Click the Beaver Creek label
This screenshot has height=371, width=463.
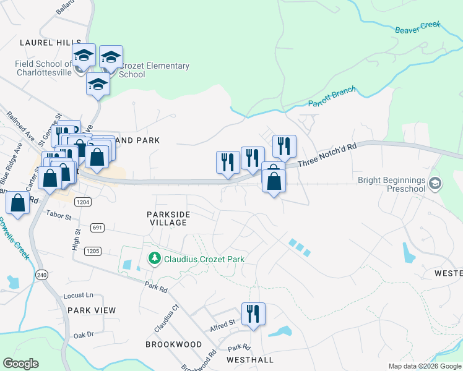[x=418, y=27]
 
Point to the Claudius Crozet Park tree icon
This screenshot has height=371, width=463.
[x=153, y=258]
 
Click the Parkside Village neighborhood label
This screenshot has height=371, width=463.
[x=168, y=218]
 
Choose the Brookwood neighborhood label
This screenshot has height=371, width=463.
[x=174, y=344]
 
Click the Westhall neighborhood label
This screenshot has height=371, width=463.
[x=249, y=359]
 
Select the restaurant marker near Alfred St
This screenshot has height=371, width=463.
[x=253, y=313]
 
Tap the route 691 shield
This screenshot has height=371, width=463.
[x=97, y=228]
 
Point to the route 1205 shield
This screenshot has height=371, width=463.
[x=93, y=250]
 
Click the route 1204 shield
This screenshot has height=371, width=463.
[x=84, y=202]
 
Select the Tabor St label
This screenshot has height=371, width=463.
[x=59, y=215]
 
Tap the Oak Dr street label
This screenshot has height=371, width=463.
[x=83, y=335]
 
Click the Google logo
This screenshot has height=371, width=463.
[x=21, y=364]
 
